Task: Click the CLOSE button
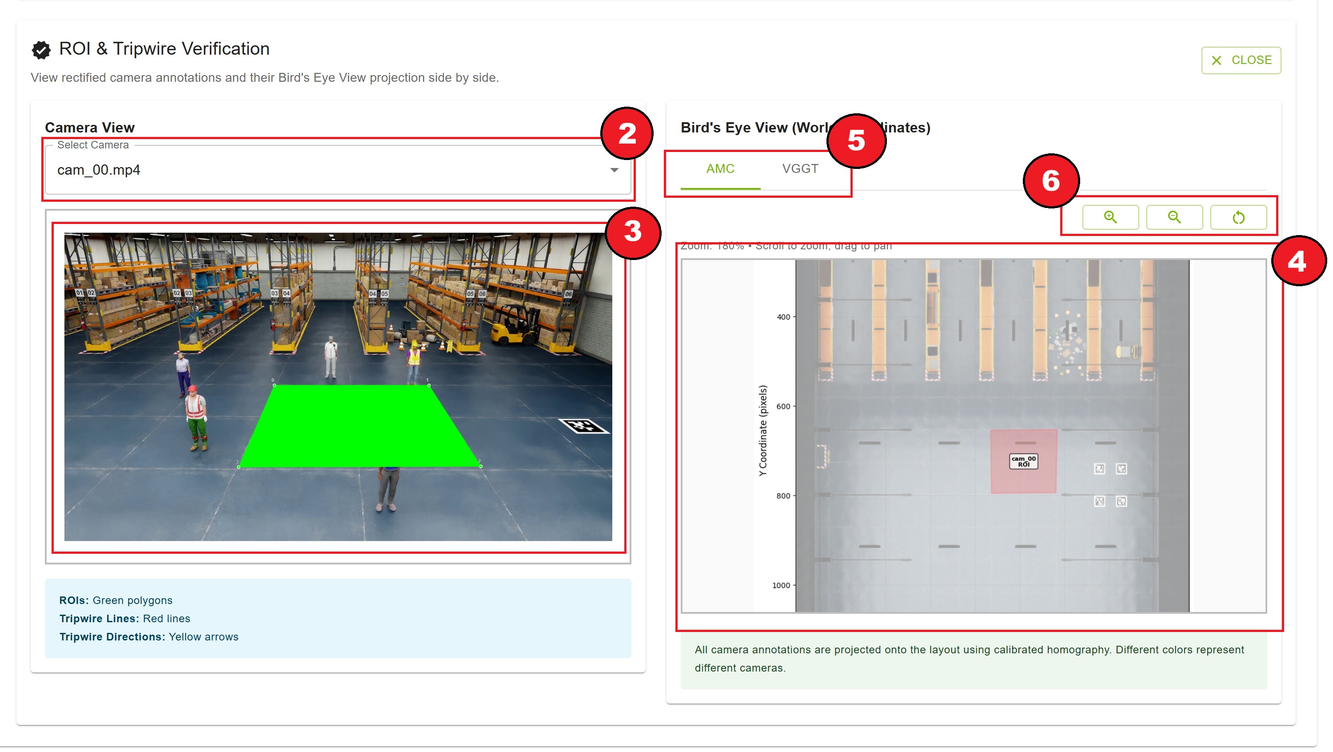pos(1241,60)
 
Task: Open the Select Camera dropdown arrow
pos(614,170)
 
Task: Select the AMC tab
pos(720,169)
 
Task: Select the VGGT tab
pos(799,169)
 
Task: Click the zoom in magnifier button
pos(1110,217)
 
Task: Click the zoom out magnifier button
pos(1173,217)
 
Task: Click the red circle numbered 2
pos(627,133)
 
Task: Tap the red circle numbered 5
pos(856,141)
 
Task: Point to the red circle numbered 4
pos(1297,261)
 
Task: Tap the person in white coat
pos(330,356)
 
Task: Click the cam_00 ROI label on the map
pos(1023,461)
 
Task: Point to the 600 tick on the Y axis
pos(783,407)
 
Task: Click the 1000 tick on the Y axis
pos(782,586)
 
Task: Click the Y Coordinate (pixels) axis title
pos(762,431)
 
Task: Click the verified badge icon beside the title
pos(41,50)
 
